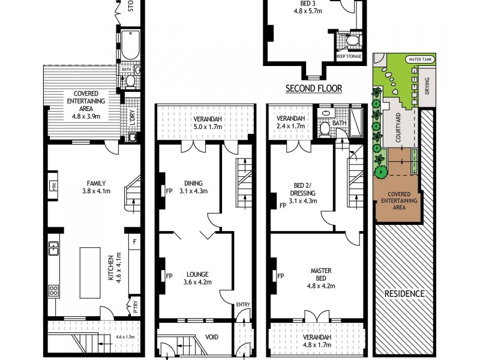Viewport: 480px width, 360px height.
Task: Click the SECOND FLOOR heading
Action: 314,88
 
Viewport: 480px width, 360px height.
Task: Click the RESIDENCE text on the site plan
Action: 404,293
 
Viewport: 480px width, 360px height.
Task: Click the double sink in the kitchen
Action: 53,247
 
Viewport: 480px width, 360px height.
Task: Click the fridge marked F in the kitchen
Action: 134,243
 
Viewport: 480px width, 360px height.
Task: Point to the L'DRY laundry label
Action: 133,118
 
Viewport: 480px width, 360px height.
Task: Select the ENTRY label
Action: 243,305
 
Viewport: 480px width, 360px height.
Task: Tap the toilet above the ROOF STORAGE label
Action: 352,40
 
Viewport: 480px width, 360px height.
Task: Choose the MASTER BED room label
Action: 322,274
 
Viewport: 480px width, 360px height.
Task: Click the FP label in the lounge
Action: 169,277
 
